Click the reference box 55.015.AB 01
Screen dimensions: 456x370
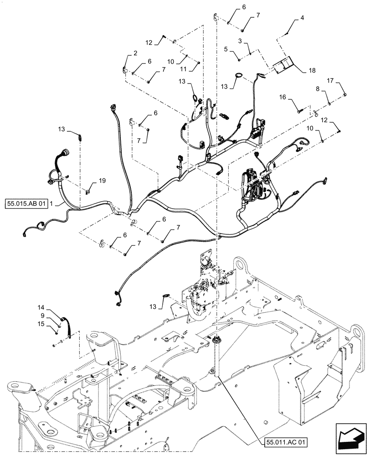27,203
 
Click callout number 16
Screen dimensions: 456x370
283,97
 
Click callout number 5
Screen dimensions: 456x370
225,47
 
